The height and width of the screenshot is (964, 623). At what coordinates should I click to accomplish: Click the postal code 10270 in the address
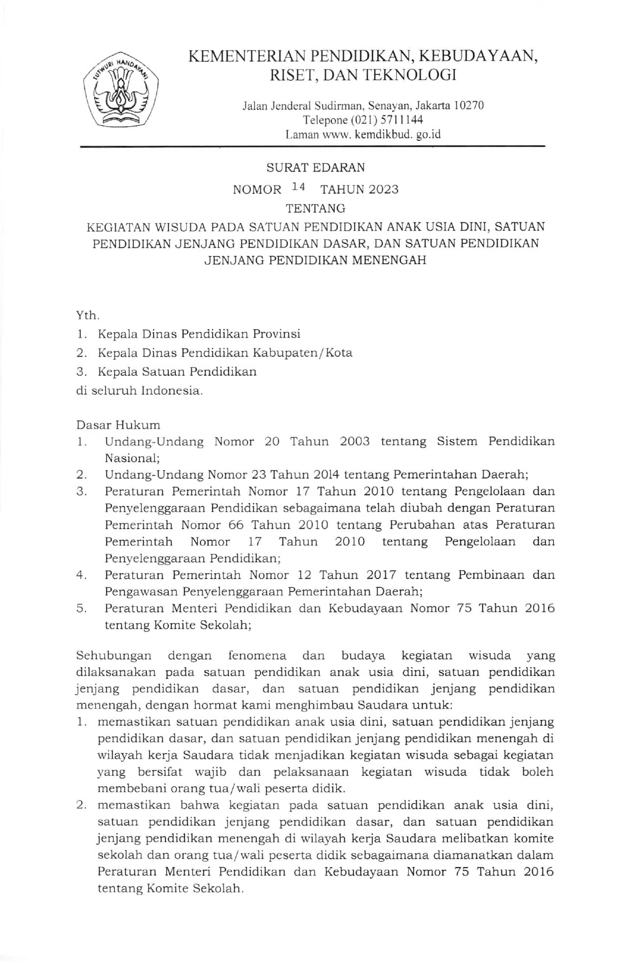tap(469, 105)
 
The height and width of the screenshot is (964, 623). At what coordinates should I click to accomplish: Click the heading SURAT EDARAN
tap(316, 168)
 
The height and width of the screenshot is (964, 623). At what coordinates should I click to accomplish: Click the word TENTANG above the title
tap(316, 208)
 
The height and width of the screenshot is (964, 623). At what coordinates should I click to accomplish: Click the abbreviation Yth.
tap(88, 316)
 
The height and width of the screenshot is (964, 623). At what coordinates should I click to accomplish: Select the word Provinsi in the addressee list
tap(276, 334)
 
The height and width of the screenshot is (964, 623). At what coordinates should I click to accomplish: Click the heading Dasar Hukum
tap(118, 425)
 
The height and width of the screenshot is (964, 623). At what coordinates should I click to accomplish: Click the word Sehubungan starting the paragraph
tap(114, 656)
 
